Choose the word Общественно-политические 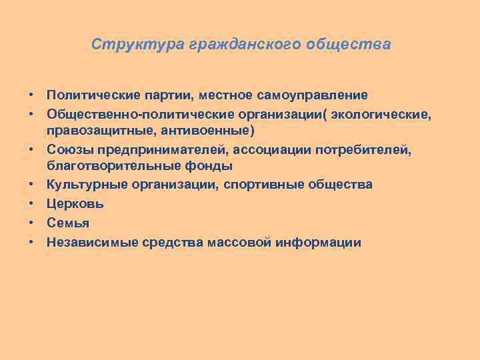(x=126, y=115)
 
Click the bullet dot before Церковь (x=31, y=203)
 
